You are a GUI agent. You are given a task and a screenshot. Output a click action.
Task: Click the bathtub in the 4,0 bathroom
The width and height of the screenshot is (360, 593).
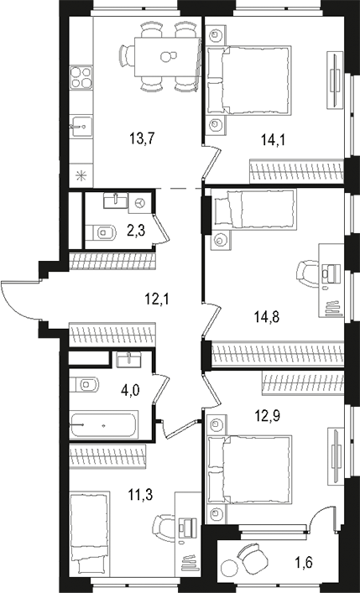104,426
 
